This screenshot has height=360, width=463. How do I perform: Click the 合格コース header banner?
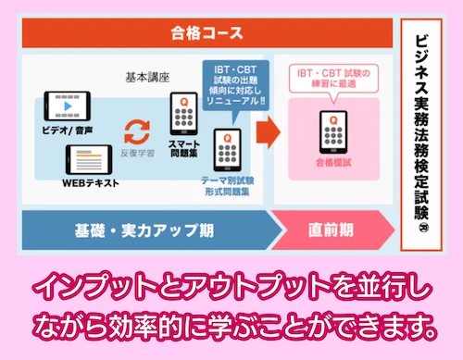pos(207,35)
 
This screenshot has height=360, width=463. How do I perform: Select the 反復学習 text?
pos(139,152)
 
